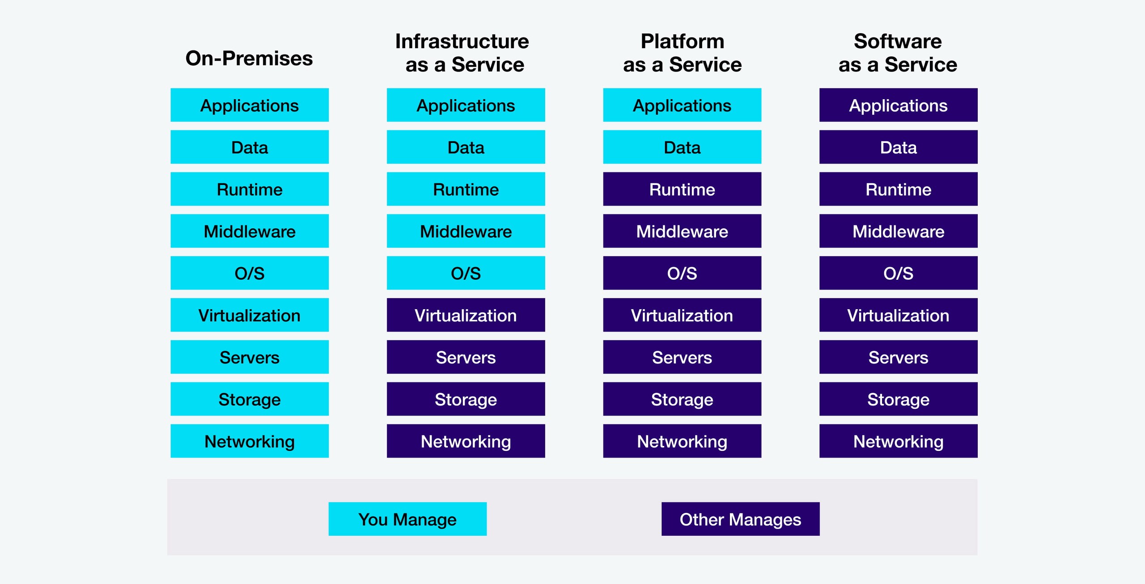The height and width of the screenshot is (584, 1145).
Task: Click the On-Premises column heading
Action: (x=249, y=58)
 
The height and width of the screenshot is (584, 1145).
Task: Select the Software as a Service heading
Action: (x=898, y=53)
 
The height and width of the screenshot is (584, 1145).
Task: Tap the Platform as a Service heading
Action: (x=682, y=53)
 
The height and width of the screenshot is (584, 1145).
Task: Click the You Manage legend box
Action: (x=407, y=519)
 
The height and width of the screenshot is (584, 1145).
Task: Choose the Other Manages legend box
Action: (x=740, y=519)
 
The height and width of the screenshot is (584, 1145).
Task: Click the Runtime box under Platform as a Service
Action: (x=682, y=189)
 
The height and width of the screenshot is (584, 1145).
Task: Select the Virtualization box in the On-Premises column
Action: (x=249, y=315)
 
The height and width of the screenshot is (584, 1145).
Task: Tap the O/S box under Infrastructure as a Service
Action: (x=466, y=273)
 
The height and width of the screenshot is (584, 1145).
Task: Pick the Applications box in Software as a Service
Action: (x=898, y=105)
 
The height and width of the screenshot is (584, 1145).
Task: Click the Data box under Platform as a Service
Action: (x=682, y=147)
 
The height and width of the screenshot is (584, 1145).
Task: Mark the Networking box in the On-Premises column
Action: (x=249, y=441)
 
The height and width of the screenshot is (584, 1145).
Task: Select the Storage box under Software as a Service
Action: (x=898, y=399)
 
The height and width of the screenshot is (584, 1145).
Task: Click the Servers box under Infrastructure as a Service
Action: (x=466, y=357)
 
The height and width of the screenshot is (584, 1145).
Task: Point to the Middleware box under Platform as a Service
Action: (x=682, y=231)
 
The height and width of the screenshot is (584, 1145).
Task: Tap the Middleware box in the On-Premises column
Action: (x=249, y=231)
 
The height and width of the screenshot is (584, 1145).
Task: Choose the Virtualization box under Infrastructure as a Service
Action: (x=466, y=315)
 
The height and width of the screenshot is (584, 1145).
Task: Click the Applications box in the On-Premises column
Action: (x=249, y=105)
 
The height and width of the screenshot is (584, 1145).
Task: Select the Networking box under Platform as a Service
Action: (x=682, y=441)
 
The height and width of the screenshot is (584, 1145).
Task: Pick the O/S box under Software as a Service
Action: (x=898, y=273)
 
